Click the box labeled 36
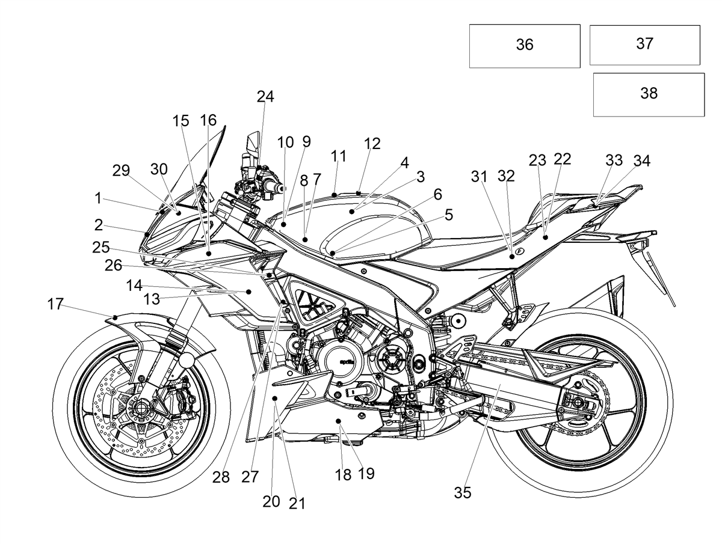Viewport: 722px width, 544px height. pyautogui.click(x=524, y=46)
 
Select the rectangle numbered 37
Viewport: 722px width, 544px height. pyautogui.click(x=645, y=45)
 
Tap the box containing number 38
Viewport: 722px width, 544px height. pyautogui.click(x=649, y=94)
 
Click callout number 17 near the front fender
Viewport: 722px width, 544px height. pyautogui.click(x=55, y=304)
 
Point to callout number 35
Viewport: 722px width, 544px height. pyautogui.click(x=463, y=492)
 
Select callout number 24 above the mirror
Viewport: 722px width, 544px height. pyautogui.click(x=265, y=97)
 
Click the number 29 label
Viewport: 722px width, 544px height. pyautogui.click(x=121, y=171)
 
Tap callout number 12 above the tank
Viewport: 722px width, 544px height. pyautogui.click(x=372, y=144)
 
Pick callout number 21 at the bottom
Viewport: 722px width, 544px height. pyautogui.click(x=297, y=504)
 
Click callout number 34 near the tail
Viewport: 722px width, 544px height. pyautogui.click(x=642, y=160)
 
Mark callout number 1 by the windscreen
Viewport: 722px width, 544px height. pyautogui.click(x=97, y=198)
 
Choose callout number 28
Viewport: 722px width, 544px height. pyautogui.click(x=221, y=477)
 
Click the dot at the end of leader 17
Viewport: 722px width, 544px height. pyautogui.click(x=115, y=317)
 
